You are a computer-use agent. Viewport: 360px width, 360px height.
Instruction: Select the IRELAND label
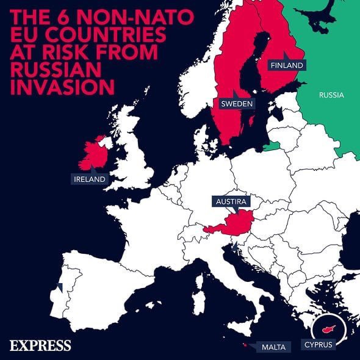click(x=88, y=179)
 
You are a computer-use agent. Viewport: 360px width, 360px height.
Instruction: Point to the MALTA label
click(x=272, y=347)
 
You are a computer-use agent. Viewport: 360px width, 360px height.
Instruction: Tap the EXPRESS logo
click(x=40, y=345)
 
